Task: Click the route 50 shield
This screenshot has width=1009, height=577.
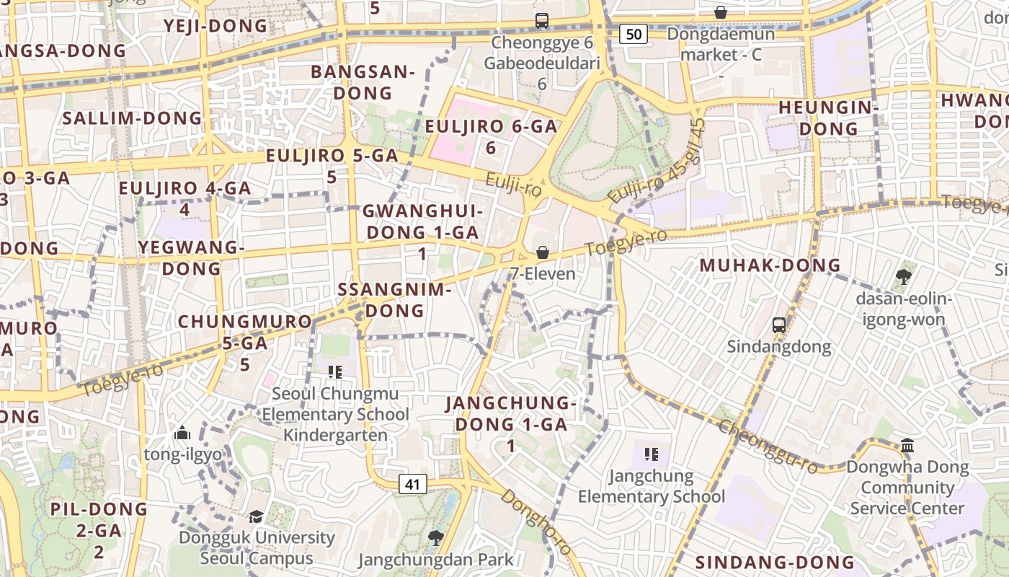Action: tap(634, 34)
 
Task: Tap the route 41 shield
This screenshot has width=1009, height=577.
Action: tap(413, 484)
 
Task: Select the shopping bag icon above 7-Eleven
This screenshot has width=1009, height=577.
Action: tap(543, 252)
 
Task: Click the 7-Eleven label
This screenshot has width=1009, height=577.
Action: tap(543, 274)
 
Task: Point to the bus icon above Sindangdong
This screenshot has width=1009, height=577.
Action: tap(779, 325)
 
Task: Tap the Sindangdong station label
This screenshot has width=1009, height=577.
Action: tap(778, 347)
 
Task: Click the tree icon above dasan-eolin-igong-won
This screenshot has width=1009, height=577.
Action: tap(903, 276)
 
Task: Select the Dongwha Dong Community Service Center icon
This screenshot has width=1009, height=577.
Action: tap(907, 445)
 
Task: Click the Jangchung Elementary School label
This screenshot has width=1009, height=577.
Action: tap(652, 486)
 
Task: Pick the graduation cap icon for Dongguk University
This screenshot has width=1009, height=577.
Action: tap(256, 516)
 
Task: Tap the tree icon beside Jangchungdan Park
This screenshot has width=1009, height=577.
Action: tap(435, 537)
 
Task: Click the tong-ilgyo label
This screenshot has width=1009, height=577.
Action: tap(183, 454)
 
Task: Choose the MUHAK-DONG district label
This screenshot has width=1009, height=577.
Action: tap(770, 265)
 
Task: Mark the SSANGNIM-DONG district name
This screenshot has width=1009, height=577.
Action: tap(394, 300)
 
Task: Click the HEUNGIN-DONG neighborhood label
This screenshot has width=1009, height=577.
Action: tap(828, 118)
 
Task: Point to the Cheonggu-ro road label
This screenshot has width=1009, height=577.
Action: tap(768, 447)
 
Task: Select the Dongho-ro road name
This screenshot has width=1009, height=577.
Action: tap(536, 522)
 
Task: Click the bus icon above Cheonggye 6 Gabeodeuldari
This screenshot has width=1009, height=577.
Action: tap(542, 21)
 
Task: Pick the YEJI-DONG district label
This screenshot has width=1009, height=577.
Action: tap(215, 26)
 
